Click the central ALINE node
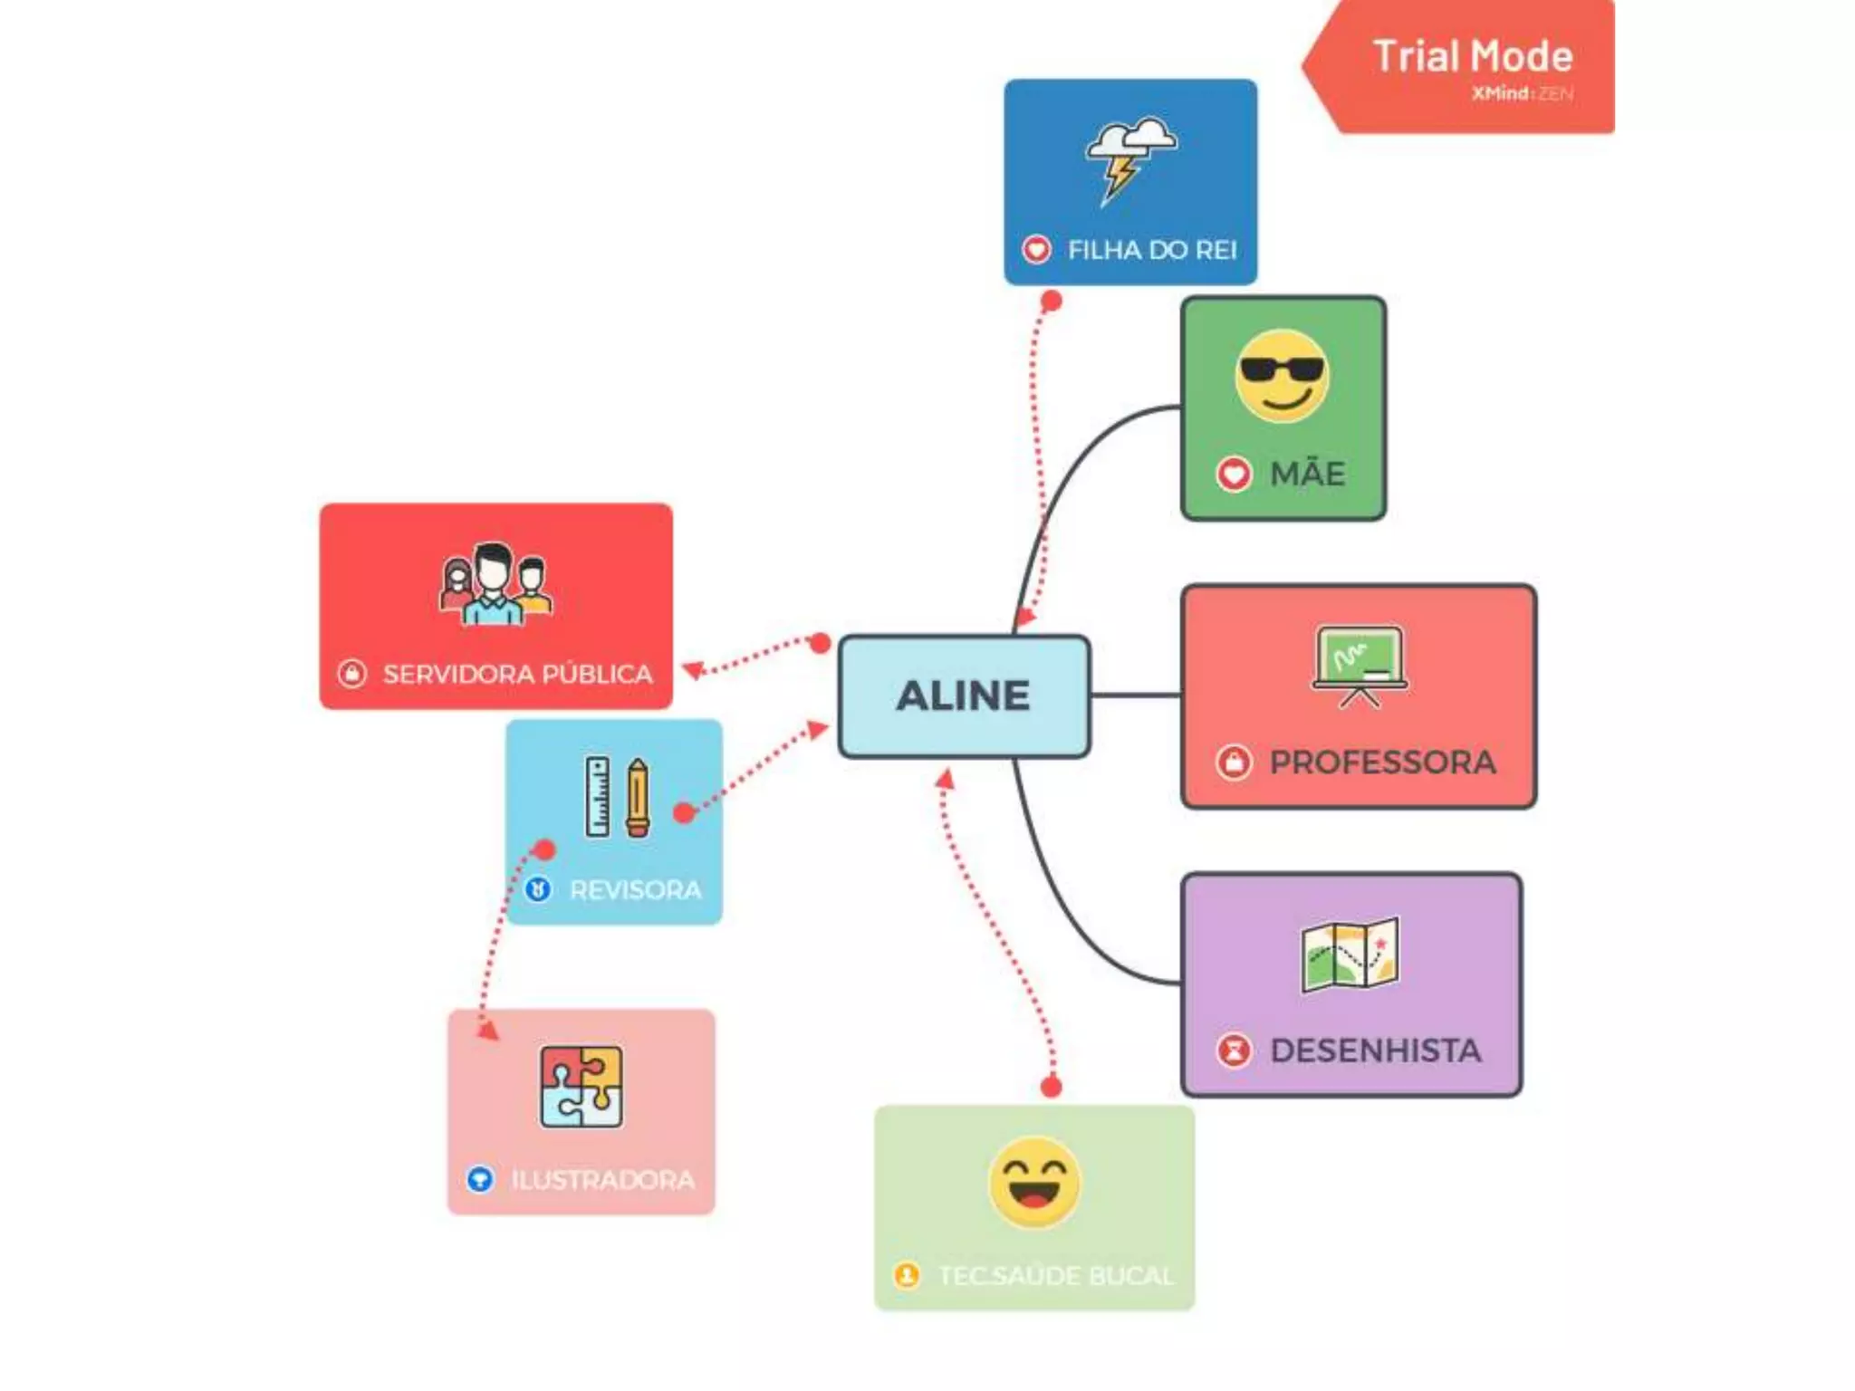tap(964, 695)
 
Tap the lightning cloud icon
tap(1129, 158)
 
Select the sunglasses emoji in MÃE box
tap(1282, 375)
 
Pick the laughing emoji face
tap(1034, 1182)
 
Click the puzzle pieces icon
tap(581, 1086)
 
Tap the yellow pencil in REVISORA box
tap(638, 797)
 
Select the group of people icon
tap(495, 584)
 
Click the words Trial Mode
tap(1473, 56)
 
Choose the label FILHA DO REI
tap(1151, 250)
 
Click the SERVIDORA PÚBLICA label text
tap(517, 674)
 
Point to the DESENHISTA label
tap(1375, 1050)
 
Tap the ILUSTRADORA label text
tap(602, 1180)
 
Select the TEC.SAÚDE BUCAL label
tap(1056, 1276)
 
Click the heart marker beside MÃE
tap(1233, 474)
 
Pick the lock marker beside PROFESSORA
tap(1233, 762)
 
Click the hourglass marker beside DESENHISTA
tap(1233, 1050)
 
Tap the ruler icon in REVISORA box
tap(597, 796)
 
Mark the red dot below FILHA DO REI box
tap(1051, 302)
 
